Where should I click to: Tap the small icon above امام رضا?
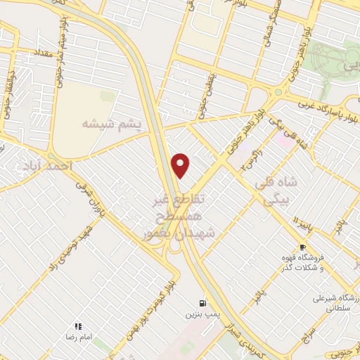click(x=78, y=326)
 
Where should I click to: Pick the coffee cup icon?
click(x=302, y=247)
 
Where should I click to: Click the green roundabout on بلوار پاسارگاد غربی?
click(x=278, y=91)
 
